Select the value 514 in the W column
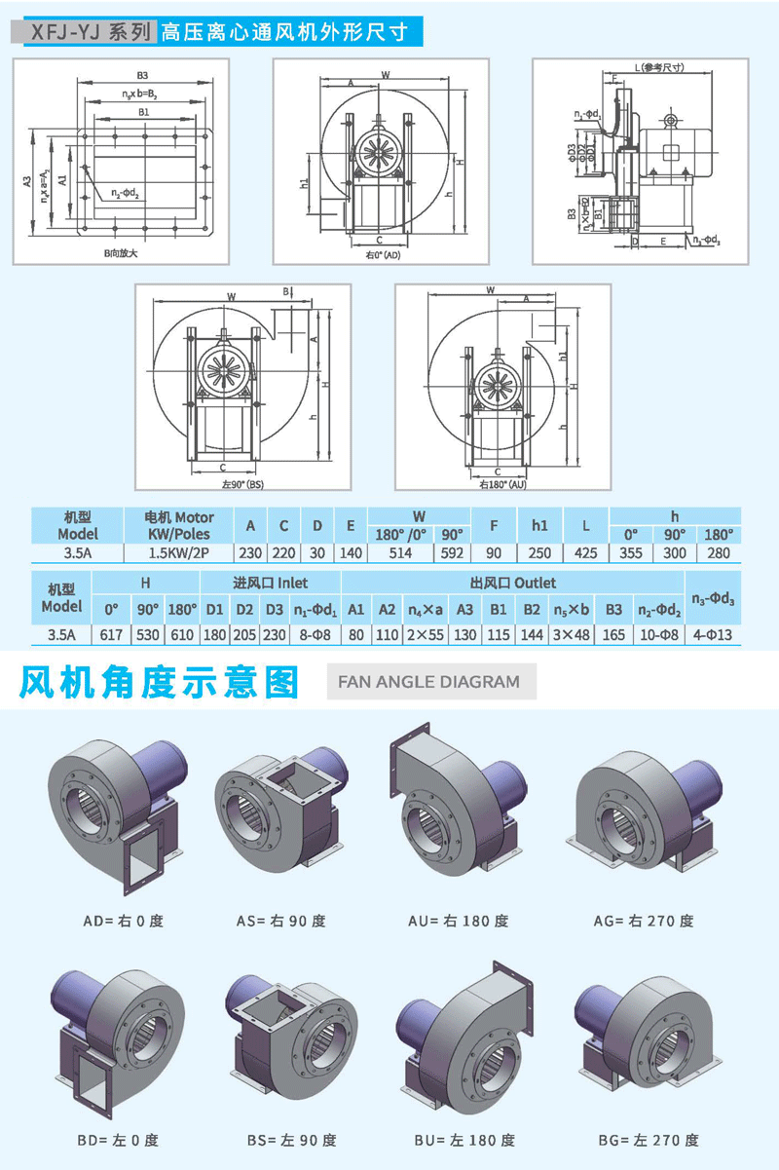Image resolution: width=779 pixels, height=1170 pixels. [x=400, y=553]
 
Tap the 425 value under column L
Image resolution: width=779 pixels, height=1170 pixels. [x=585, y=553]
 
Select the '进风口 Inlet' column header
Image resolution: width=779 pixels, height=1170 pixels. [x=270, y=583]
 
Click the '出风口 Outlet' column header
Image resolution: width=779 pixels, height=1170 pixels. [x=512, y=583]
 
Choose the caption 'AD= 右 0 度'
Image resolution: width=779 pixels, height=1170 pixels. [x=123, y=921]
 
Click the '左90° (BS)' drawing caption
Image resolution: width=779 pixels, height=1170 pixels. [x=242, y=484]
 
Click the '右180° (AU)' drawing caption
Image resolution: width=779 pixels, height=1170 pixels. [x=502, y=483]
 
